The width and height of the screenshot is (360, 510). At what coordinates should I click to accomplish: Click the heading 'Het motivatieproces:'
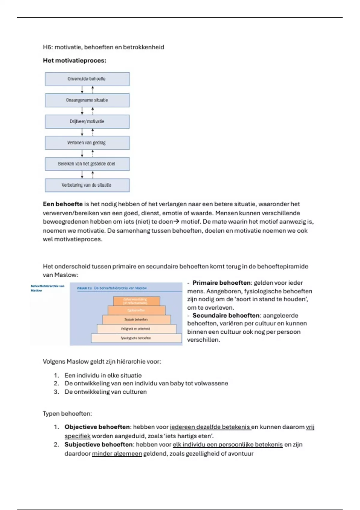click(x=74, y=61)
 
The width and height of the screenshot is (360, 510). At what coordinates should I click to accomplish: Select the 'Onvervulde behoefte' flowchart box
click(x=87, y=79)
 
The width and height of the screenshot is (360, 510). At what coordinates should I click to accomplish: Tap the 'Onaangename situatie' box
click(x=87, y=100)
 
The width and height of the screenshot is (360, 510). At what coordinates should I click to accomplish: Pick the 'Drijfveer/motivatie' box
click(x=87, y=121)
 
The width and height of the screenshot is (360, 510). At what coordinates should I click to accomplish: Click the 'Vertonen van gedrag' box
click(x=87, y=143)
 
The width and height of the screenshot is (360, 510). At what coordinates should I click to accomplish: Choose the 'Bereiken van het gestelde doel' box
click(x=87, y=164)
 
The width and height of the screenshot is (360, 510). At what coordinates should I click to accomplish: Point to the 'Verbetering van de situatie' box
click(x=87, y=185)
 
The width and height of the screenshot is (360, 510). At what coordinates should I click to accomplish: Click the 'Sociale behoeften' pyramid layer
click(x=136, y=319)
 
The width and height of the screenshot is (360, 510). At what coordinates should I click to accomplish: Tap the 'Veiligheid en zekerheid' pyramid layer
click(x=136, y=329)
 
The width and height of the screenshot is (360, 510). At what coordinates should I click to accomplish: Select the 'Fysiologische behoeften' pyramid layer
click(x=136, y=338)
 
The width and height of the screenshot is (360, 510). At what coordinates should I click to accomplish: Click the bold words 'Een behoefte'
click(x=63, y=204)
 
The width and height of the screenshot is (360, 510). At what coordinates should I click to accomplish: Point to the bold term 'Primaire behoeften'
click(x=221, y=283)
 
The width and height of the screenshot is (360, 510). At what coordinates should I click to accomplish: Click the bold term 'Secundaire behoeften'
click(x=226, y=316)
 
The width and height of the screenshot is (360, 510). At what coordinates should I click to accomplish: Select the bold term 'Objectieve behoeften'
click(x=97, y=427)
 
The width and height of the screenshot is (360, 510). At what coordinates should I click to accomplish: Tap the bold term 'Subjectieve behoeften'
click(x=98, y=445)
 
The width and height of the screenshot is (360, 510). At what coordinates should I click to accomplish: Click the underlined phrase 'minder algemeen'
click(x=117, y=454)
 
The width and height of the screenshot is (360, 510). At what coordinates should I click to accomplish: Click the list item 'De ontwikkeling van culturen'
click(x=106, y=392)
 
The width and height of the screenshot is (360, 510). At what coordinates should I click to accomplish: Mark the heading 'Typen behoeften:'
click(x=67, y=414)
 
